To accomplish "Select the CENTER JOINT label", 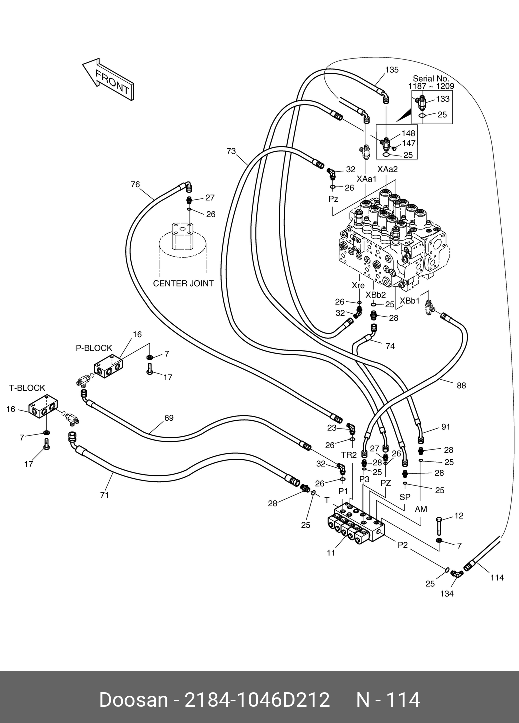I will (183, 283).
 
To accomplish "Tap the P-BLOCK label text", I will (94, 348).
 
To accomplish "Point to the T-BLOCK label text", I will (27, 388).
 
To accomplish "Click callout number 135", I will (392, 70).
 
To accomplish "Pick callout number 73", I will (231, 151).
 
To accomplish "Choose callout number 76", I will (135, 184).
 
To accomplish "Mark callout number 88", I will (461, 385).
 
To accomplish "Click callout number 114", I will (496, 577).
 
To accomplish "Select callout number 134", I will (446, 593).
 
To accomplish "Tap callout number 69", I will (169, 418).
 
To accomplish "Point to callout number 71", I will (104, 495).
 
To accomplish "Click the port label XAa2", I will (387, 169).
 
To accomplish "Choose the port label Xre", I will (358, 285).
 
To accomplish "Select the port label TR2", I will (349, 455).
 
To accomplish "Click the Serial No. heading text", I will (431, 79).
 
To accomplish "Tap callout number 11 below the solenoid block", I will (331, 553).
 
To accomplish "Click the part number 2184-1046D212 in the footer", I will (257, 700).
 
